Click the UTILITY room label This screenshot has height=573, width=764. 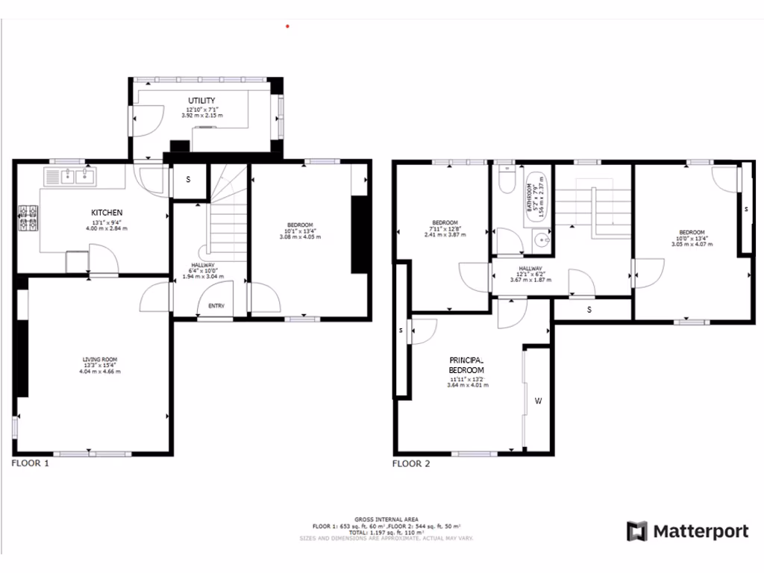[x=201, y=101]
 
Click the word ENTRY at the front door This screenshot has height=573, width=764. [x=216, y=305]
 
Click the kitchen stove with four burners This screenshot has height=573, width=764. [x=28, y=217]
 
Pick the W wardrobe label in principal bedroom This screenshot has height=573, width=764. [x=537, y=401]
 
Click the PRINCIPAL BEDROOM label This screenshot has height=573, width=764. [x=466, y=364]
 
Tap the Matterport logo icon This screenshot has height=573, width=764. [x=636, y=531]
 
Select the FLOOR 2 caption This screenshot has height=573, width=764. [x=411, y=463]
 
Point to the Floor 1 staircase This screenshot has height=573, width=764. [x=226, y=216]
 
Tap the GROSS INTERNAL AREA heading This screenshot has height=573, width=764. [x=386, y=519]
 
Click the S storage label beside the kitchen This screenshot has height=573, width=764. [x=188, y=180]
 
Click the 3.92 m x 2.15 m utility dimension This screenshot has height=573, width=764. [x=201, y=116]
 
